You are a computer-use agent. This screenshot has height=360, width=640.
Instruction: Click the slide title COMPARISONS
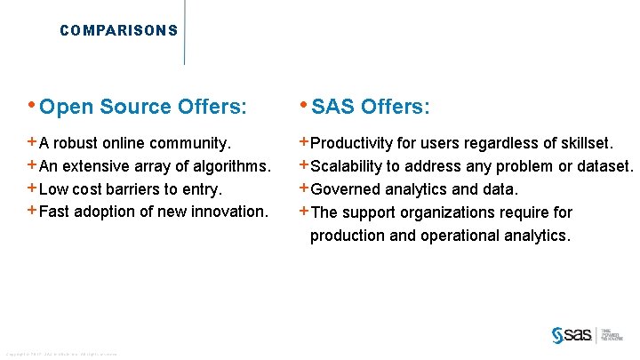pos(118,30)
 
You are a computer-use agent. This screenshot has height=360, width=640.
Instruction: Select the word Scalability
pos(347,165)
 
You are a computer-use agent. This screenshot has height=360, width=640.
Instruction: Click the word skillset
pos(583,142)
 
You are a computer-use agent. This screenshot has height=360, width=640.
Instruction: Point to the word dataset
pos(604,165)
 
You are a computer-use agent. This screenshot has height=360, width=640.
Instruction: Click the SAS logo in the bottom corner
pos(572,334)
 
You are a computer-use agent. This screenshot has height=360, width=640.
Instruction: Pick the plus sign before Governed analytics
pos(304,188)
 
